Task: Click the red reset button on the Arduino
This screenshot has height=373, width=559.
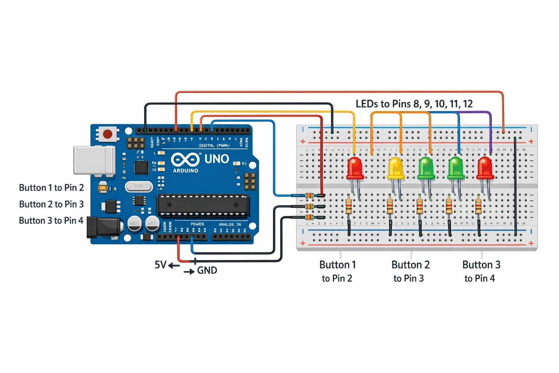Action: [x=108, y=134]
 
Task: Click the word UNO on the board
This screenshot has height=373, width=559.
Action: [x=217, y=159]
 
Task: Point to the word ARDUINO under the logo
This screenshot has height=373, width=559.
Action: [x=185, y=170]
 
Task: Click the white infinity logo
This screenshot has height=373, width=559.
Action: [x=185, y=160]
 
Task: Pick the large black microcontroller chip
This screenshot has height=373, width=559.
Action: [x=203, y=205]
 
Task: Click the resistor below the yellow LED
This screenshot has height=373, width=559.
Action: [x=390, y=205]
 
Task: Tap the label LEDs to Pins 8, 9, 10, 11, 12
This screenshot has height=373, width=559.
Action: [x=414, y=104]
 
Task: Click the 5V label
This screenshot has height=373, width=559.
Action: [x=160, y=265]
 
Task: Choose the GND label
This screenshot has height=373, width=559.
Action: [x=207, y=271]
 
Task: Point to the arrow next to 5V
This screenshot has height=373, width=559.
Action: [x=174, y=266]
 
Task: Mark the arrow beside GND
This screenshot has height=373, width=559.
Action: [x=189, y=272]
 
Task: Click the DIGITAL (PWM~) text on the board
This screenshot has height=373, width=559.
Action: [x=214, y=146]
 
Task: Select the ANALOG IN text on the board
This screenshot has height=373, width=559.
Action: [x=230, y=224]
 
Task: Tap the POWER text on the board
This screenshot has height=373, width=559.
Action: [x=197, y=224]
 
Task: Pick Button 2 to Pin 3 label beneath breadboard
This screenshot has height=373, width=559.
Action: [x=410, y=271]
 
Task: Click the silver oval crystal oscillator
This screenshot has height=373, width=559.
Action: [x=138, y=186]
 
